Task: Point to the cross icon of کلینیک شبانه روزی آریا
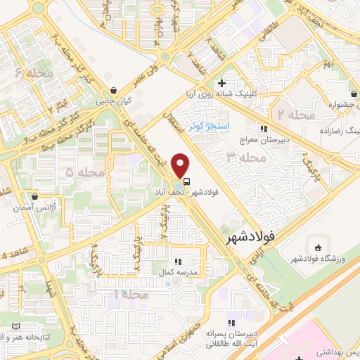coord(221,84)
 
